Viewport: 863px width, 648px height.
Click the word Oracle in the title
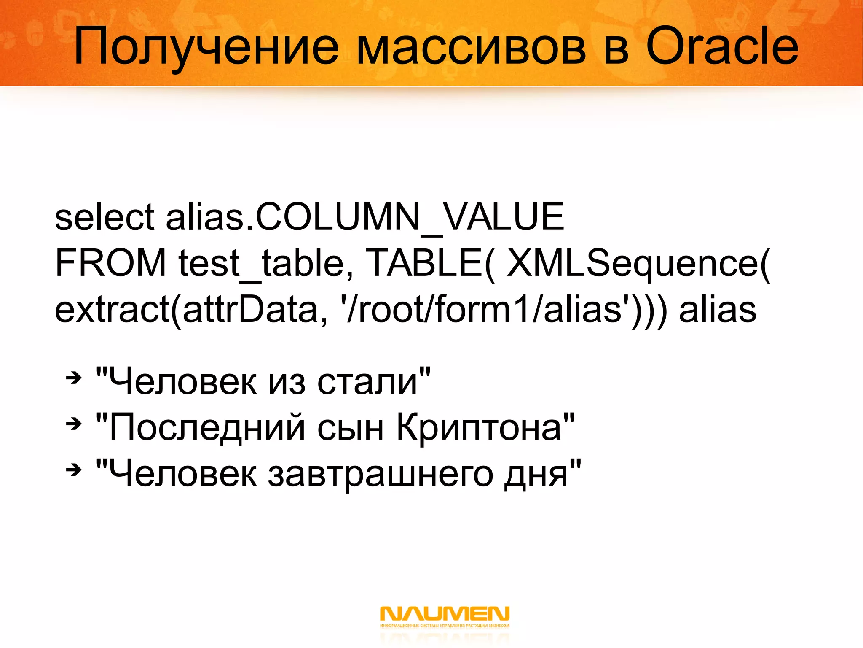click(x=721, y=46)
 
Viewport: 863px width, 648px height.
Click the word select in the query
click(x=105, y=217)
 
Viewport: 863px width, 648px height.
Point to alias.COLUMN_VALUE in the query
click(x=365, y=218)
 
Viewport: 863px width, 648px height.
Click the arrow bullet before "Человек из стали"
click(x=74, y=378)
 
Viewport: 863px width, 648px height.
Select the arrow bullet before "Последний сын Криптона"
click(x=74, y=424)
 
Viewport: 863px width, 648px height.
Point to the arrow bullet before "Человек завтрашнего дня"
click(x=74, y=470)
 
